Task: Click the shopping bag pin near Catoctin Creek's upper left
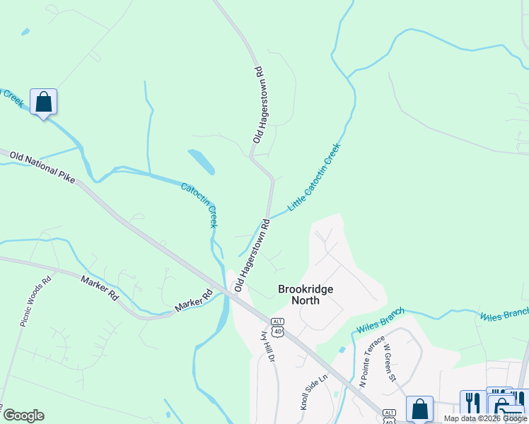pos(43,102)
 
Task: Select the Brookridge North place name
pos(306,295)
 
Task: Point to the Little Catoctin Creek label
pos(315,177)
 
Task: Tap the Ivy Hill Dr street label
pos(269,346)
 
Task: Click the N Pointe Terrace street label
pos(372,361)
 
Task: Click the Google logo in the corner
pos(23,416)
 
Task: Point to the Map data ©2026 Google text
pos(484,418)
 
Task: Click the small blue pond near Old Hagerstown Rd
pos(202,161)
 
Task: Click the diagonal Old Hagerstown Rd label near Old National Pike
pos(252,255)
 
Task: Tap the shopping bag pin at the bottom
pos(419,408)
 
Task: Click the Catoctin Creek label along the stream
pos(199,205)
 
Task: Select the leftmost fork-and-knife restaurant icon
pos(472,403)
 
